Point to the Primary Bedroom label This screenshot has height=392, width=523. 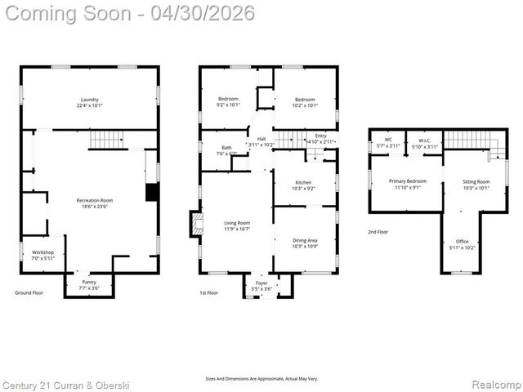point(406,184)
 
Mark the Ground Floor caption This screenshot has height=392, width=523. point(29,292)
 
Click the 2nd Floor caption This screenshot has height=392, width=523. point(378,232)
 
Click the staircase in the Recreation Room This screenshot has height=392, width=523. point(105,140)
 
